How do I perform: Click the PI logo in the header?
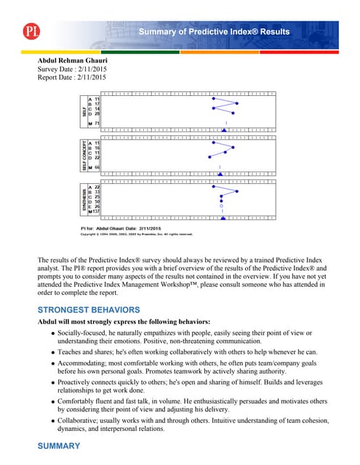(x=29, y=31)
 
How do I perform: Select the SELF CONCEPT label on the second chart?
(x=84, y=155)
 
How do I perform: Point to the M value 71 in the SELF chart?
(x=96, y=124)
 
